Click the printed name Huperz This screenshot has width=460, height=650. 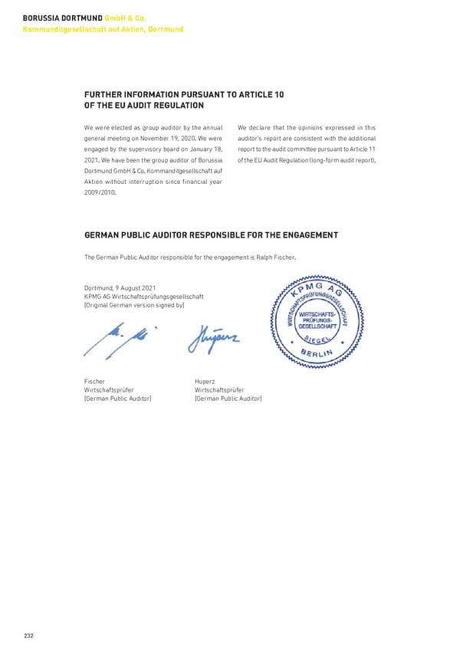[205, 381]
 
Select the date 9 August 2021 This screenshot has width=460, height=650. [136, 288]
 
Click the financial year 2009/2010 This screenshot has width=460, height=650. [99, 192]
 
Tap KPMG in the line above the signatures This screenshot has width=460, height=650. [93, 297]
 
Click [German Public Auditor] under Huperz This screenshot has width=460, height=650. [228, 398]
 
